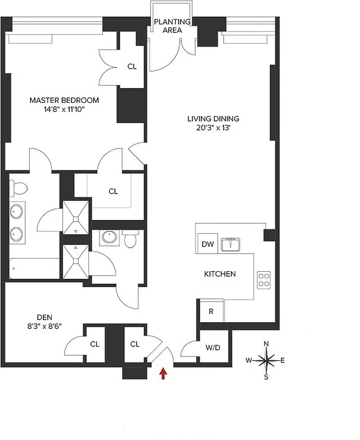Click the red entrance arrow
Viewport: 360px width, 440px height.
click(163, 374)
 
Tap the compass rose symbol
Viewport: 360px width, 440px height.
click(267, 361)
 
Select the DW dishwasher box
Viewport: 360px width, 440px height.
click(207, 244)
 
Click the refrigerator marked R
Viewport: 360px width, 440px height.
click(211, 311)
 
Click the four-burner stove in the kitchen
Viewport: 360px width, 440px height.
click(264, 279)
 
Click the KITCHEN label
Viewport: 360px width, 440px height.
click(220, 274)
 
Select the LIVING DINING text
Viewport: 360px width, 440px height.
click(213, 118)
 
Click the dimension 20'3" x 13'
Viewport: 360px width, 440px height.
click(213, 128)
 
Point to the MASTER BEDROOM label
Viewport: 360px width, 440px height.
click(64, 100)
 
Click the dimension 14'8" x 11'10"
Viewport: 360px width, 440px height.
click(64, 109)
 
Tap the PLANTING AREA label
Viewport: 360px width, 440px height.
click(172, 26)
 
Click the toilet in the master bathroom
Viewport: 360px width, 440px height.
click(19, 189)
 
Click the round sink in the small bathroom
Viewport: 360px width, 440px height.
click(108, 238)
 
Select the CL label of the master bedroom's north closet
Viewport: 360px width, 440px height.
click(132, 67)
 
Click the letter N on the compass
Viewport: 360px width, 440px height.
click(267, 344)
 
